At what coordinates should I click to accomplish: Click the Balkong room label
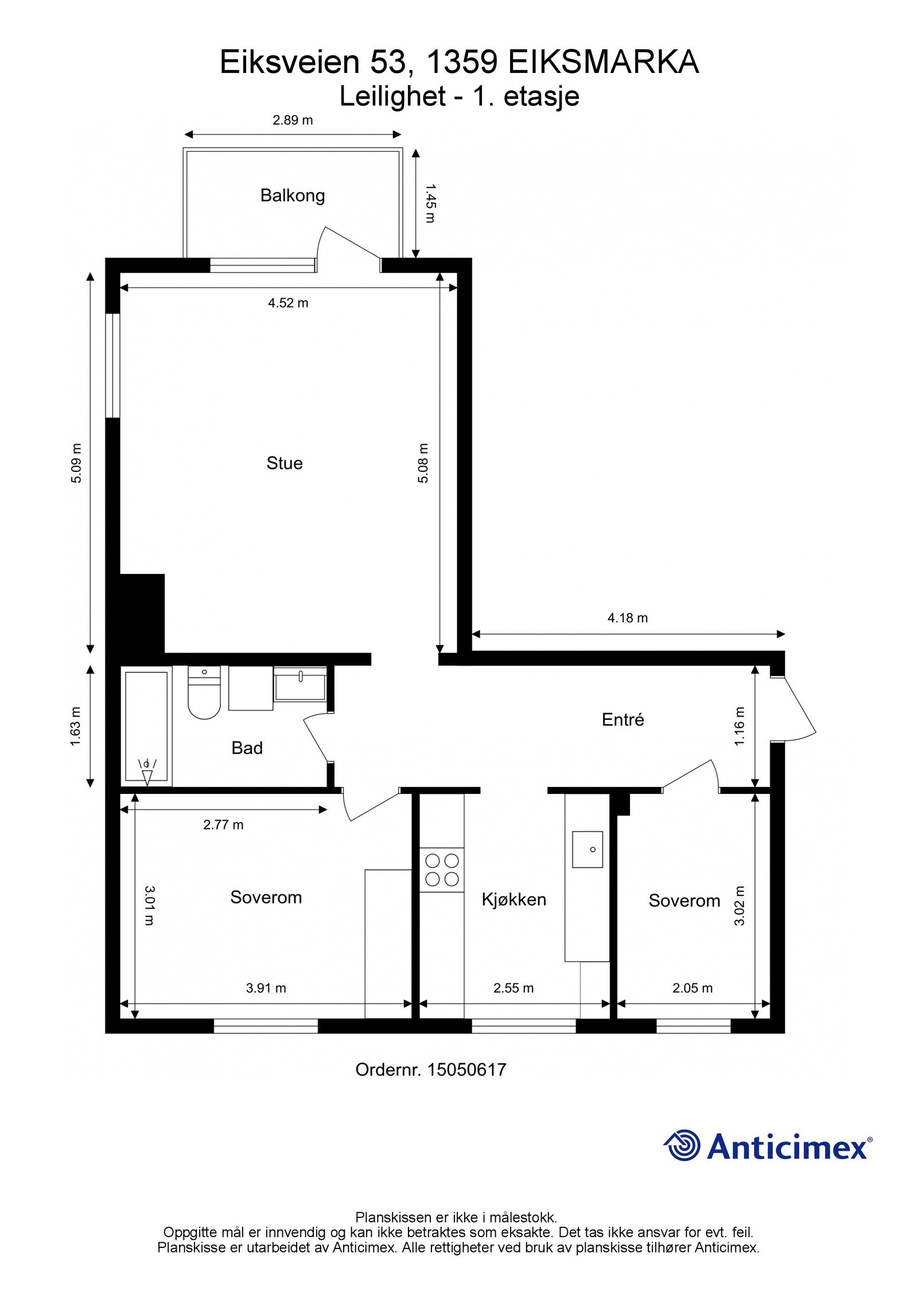[x=293, y=196]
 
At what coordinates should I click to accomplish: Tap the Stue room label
[x=284, y=463]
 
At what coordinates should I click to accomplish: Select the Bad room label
[x=247, y=748]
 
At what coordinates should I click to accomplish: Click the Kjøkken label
[x=514, y=899]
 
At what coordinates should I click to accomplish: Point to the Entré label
[x=623, y=720]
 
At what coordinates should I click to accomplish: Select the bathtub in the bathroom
[x=146, y=726]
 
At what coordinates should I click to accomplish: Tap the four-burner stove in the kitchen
[x=441, y=870]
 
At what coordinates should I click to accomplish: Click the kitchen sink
[x=587, y=849]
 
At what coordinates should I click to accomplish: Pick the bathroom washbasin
[x=300, y=684]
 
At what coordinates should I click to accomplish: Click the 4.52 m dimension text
[x=288, y=303]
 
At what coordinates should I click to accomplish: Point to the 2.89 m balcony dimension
[x=293, y=121]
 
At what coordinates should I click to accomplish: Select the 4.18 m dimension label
[x=627, y=618]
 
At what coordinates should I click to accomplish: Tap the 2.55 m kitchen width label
[x=514, y=988]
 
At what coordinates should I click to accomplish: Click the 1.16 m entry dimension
[x=740, y=727]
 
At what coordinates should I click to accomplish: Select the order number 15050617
[x=466, y=1070]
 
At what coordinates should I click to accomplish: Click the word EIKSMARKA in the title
[x=604, y=63]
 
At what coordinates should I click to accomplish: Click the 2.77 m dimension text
[x=223, y=825]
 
